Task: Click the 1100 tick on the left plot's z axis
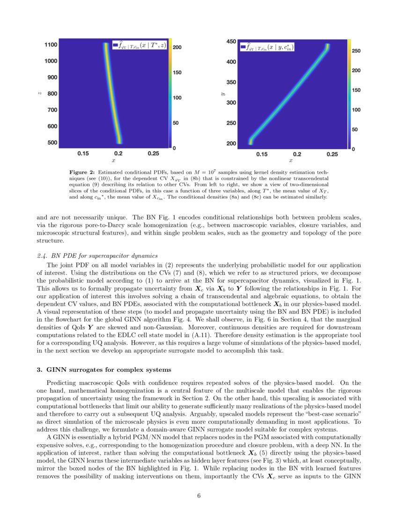point(51,44)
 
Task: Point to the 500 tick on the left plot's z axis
point(52,142)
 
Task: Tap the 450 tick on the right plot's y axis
point(231,42)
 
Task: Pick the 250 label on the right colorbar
point(356,51)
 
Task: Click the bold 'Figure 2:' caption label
point(82,173)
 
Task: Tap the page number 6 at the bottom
point(199,497)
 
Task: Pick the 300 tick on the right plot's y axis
point(231,102)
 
